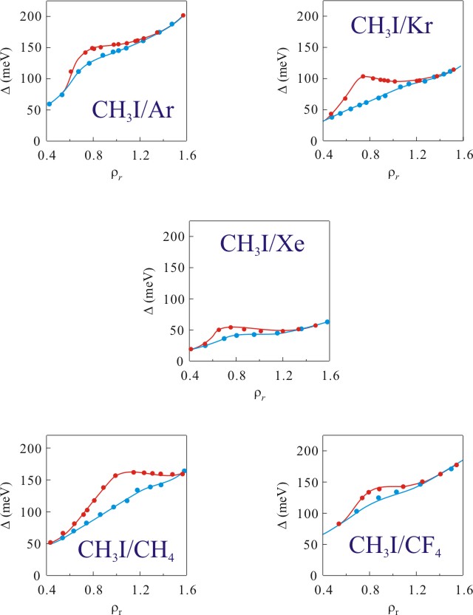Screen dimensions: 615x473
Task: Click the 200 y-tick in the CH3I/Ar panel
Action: [x=30, y=15]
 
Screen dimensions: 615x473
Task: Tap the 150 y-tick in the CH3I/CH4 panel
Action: [x=30, y=480]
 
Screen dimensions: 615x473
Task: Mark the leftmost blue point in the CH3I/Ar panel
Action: [x=50, y=104]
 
